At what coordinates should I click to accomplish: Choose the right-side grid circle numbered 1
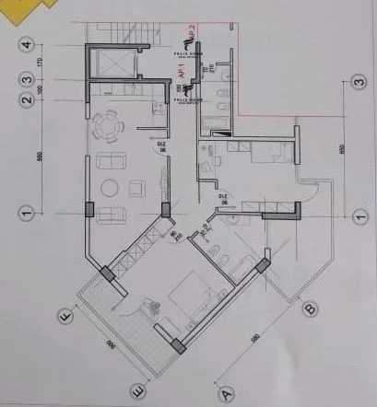click(358, 215)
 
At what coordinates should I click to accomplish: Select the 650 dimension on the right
click(343, 147)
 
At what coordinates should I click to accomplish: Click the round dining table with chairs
click(110, 125)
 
